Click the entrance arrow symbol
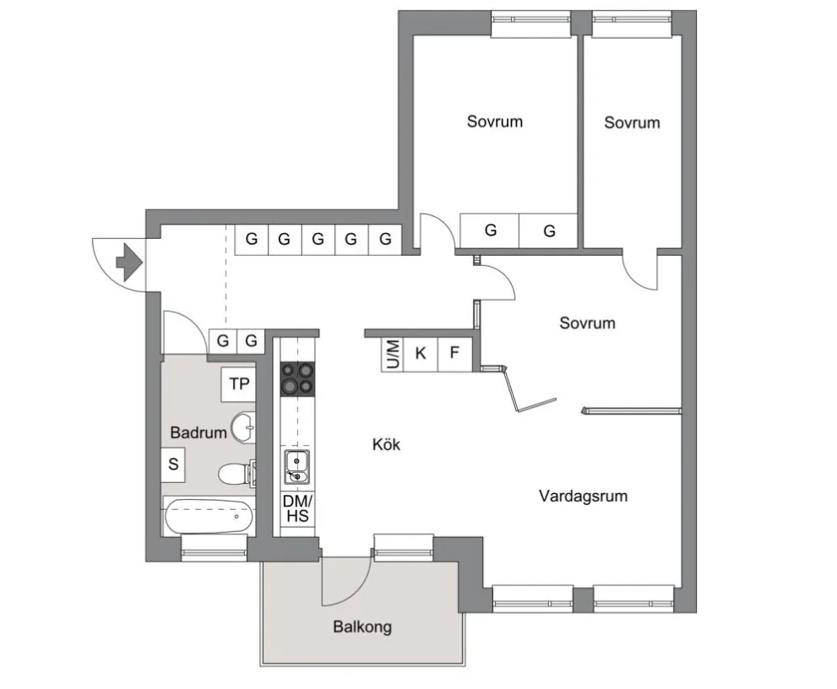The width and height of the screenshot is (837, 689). pos(127,262)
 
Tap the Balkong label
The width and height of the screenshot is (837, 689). pos(361,627)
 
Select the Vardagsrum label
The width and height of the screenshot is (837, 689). pos(583,496)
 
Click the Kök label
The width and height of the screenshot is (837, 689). pos(386,445)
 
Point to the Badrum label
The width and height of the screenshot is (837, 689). pos(198,432)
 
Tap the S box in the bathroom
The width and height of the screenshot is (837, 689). pos(173,464)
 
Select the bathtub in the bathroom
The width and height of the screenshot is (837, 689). pos(208,516)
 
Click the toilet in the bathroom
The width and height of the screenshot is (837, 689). pos(233,475)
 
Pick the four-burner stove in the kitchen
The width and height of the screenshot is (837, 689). pos(296,378)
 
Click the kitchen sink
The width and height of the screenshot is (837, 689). pos(296,465)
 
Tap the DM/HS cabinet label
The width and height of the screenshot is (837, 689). pos(296,507)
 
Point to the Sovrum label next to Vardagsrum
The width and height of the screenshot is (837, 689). pos(587,323)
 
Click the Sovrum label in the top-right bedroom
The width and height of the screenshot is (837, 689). pos(632,122)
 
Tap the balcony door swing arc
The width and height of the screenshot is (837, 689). pos(351,583)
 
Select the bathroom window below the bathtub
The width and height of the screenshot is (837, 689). pos(215,554)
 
